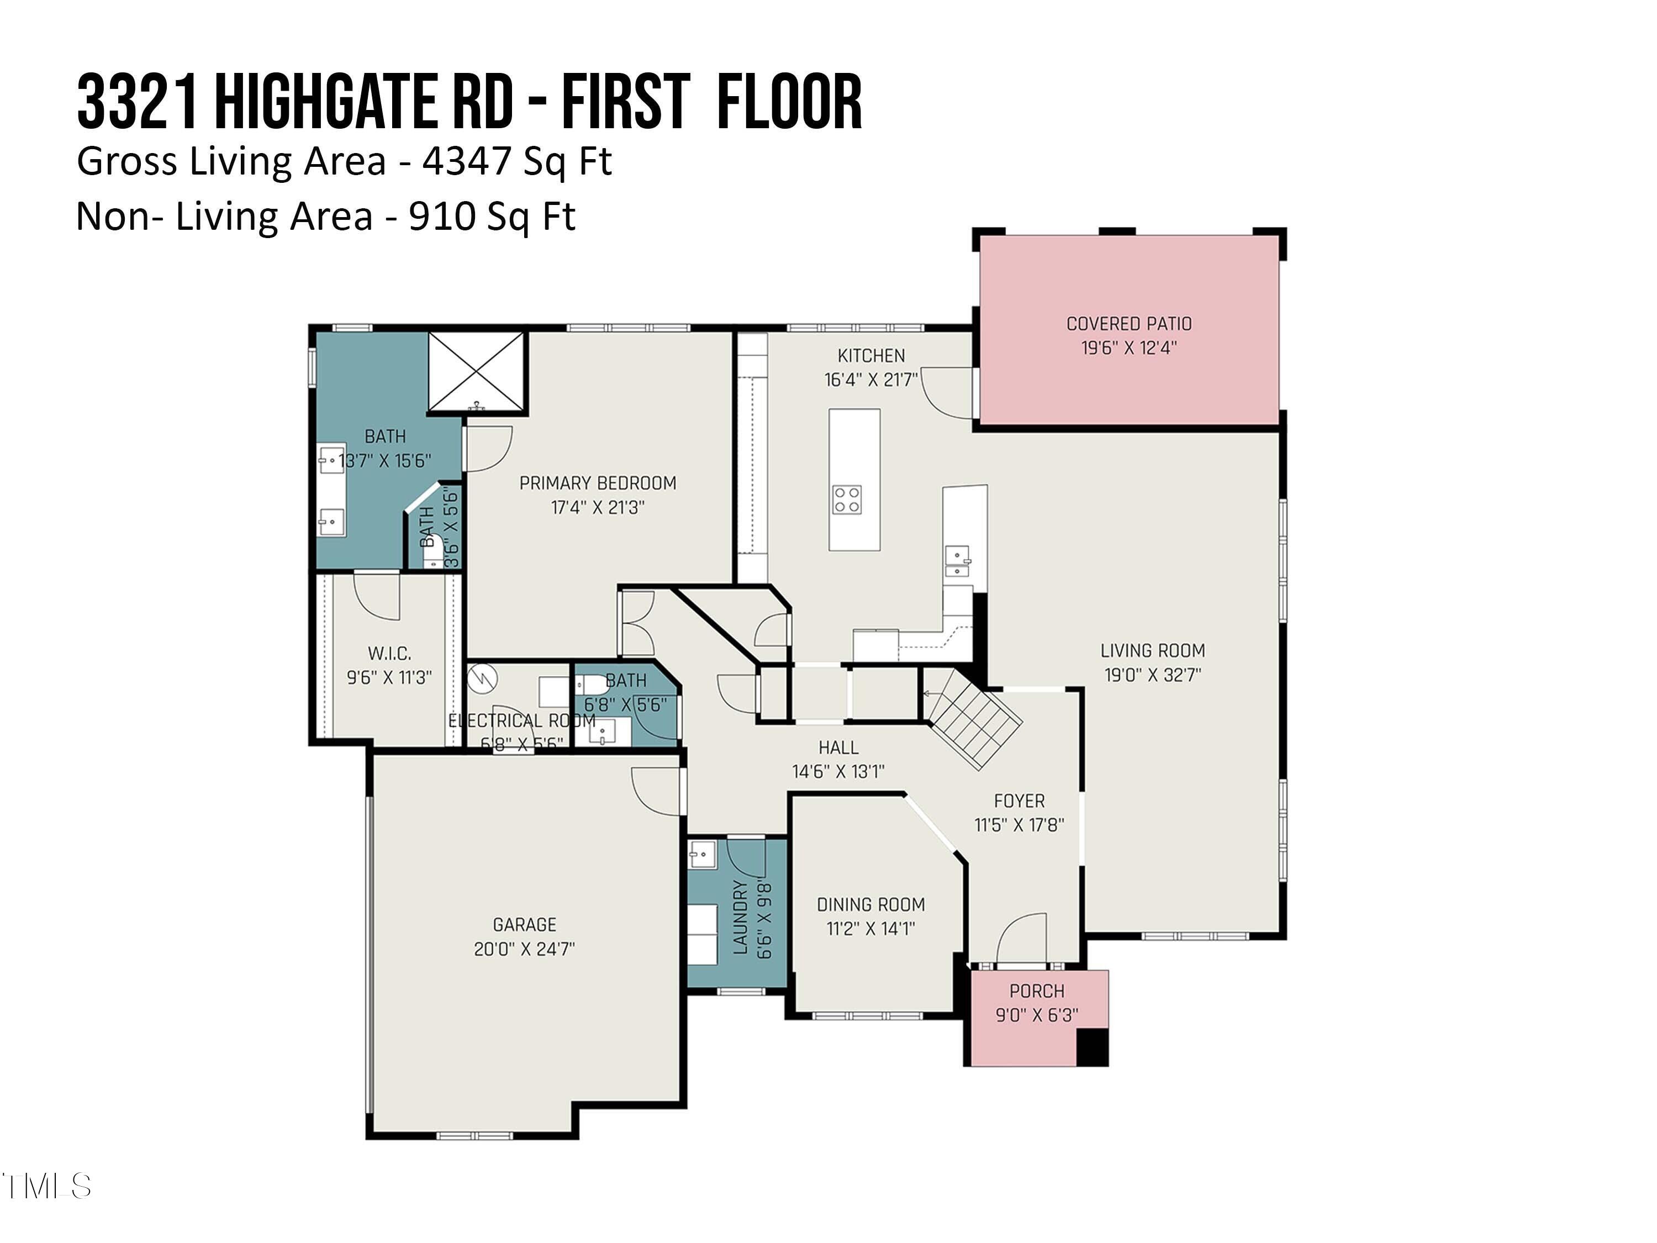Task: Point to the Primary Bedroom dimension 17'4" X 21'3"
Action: (597, 507)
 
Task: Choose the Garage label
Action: (524, 925)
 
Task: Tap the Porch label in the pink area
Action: (1036, 991)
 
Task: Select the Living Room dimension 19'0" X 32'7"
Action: (1152, 675)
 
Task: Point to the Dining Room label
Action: (870, 904)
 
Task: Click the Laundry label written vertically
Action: (740, 917)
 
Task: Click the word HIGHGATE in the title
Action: (326, 103)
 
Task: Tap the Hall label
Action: (838, 747)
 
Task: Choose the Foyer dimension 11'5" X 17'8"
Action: (1019, 825)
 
